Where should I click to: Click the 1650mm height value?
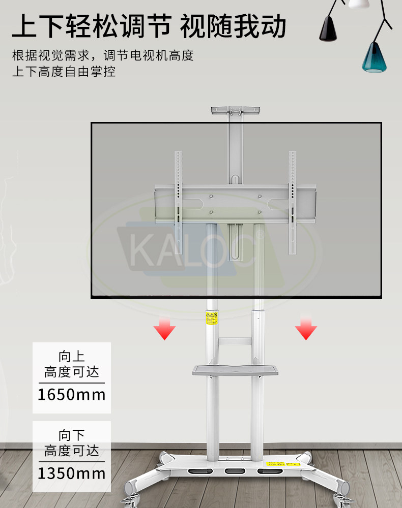point(71,394)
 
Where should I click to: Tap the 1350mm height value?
point(71,473)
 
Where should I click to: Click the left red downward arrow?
point(164,329)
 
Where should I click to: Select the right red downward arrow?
point(306,329)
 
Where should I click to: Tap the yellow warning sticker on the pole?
point(212,319)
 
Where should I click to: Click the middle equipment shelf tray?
point(235,370)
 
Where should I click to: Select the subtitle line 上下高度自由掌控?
point(64,71)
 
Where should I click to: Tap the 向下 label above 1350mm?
point(71,435)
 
